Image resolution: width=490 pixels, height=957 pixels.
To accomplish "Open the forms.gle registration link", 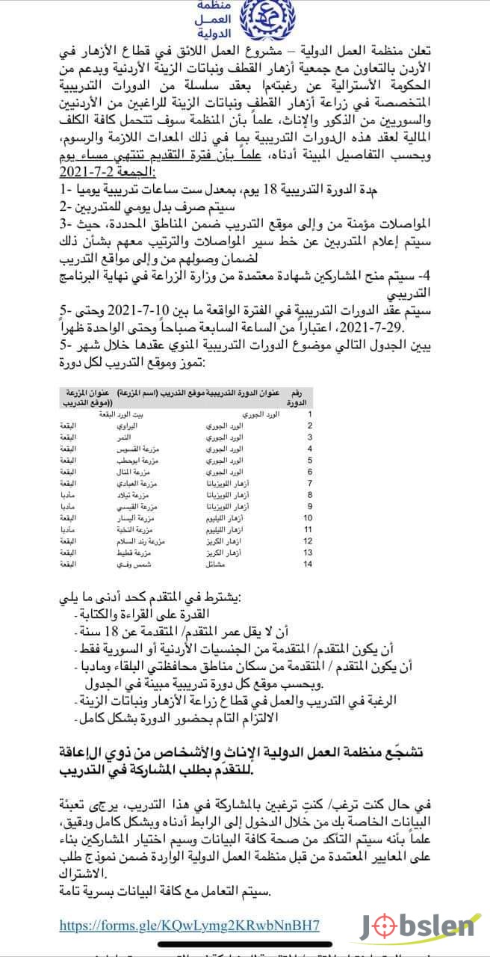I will [x=190, y=925].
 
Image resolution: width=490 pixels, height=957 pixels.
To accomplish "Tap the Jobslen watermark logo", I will [x=419, y=929].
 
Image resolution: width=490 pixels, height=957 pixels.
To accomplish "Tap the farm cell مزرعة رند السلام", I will [x=162, y=541].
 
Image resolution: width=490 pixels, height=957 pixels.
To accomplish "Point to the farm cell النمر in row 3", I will [x=166, y=437].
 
